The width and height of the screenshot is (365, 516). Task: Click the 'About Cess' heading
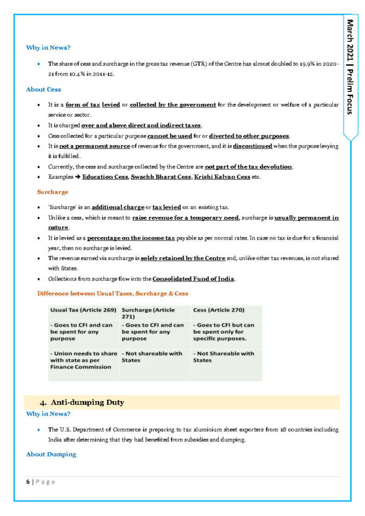pos(43,89)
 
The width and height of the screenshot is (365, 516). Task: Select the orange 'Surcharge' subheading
pos(52,191)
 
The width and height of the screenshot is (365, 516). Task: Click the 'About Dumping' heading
pos(51,454)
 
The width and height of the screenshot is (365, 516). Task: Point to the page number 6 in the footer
pos(27,481)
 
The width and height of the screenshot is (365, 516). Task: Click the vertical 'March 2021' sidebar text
pos(351,40)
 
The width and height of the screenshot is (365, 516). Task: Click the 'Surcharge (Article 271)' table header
pos(148,314)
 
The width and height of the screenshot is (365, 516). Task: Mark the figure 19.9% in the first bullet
pos(311,63)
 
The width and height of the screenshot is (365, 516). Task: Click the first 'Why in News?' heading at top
pos(48,47)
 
